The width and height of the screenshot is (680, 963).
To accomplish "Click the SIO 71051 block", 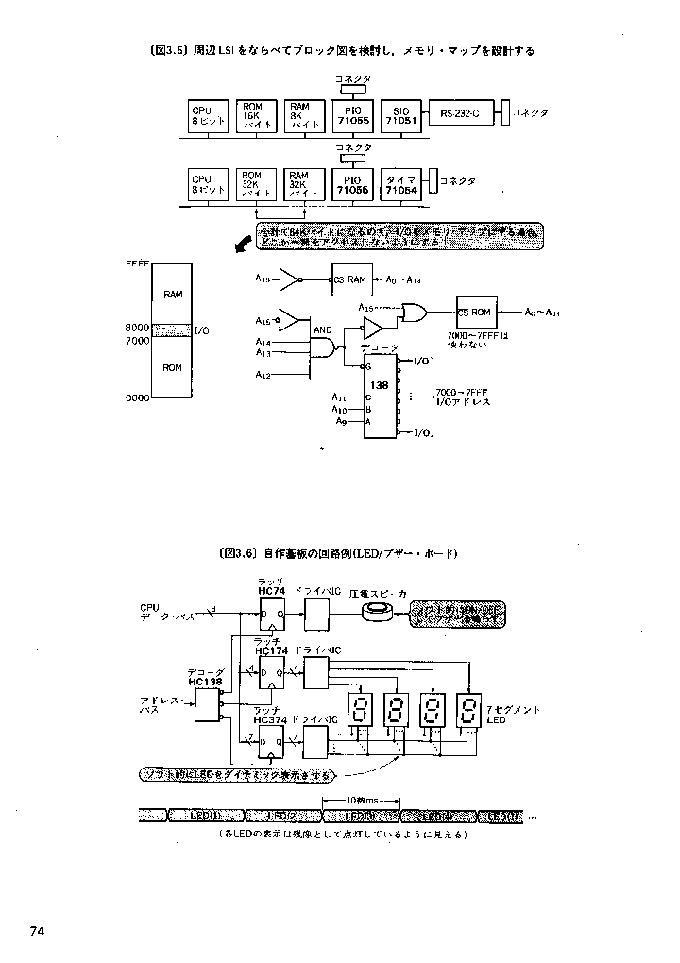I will point(400,116).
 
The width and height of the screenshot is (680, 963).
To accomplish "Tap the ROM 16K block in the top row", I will point(255,116).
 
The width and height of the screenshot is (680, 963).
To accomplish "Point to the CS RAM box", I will point(350,279).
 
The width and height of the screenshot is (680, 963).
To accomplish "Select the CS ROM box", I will point(474,313).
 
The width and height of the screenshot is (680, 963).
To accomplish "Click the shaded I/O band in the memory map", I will point(173,331).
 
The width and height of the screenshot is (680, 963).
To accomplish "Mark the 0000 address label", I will point(138,398).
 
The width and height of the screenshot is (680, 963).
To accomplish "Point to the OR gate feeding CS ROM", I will point(413,311).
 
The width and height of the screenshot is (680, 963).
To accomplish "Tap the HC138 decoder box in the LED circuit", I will point(206,704).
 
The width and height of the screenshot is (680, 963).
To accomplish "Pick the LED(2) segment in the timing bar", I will point(281,816).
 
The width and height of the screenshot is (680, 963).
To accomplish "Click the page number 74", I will point(38,930).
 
